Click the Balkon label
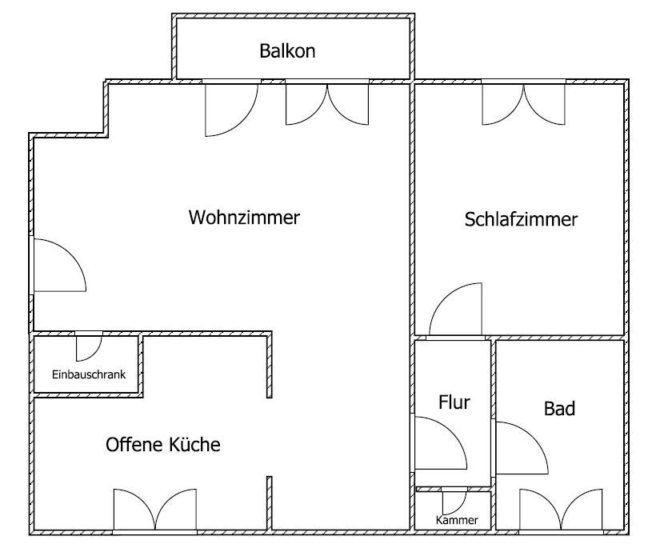(287, 51)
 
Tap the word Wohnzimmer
(244, 218)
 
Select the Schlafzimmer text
(521, 219)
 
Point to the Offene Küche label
(163, 445)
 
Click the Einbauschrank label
(89, 374)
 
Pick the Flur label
(454, 402)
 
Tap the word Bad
(559, 409)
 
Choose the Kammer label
(457, 520)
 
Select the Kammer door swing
(454, 503)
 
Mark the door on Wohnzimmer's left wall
(59, 265)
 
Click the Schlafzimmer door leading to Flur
(456, 309)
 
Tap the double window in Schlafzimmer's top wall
(524, 104)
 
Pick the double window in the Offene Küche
(155, 510)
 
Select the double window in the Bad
(561, 510)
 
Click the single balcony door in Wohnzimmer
(231, 110)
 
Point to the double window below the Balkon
(327, 104)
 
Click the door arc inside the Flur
(441, 443)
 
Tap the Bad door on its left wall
(522, 448)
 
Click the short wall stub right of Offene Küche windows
(269, 503)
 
